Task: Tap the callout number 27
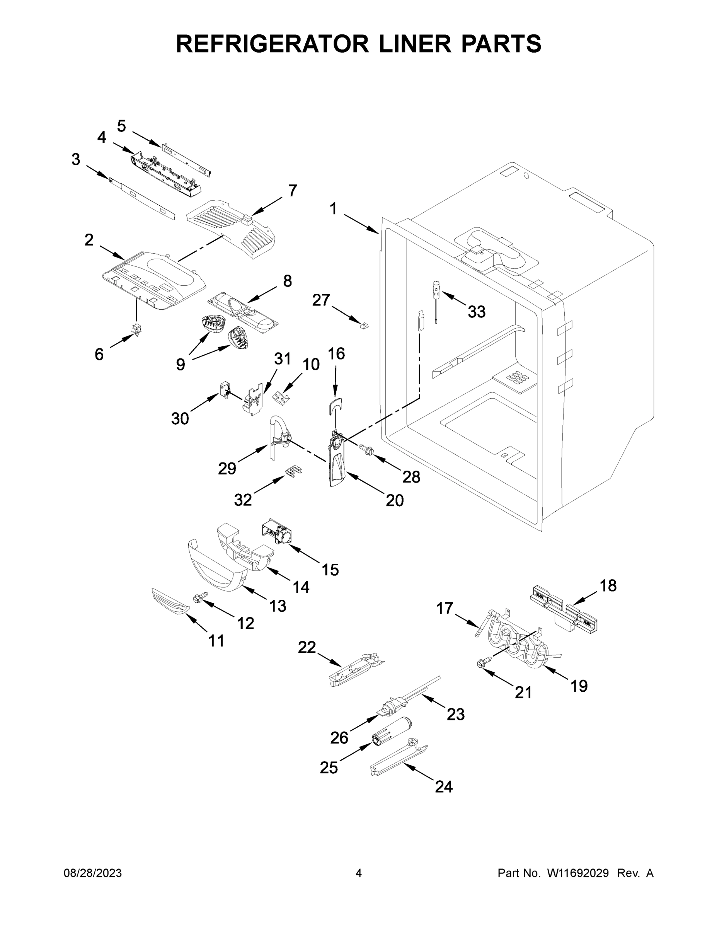point(321,300)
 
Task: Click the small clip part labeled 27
point(364,326)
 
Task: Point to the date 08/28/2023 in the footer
point(93,873)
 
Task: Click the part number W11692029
point(578,873)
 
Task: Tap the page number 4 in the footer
point(359,873)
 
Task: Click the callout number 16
point(336,353)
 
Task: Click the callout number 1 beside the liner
point(333,209)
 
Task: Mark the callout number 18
point(608,585)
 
